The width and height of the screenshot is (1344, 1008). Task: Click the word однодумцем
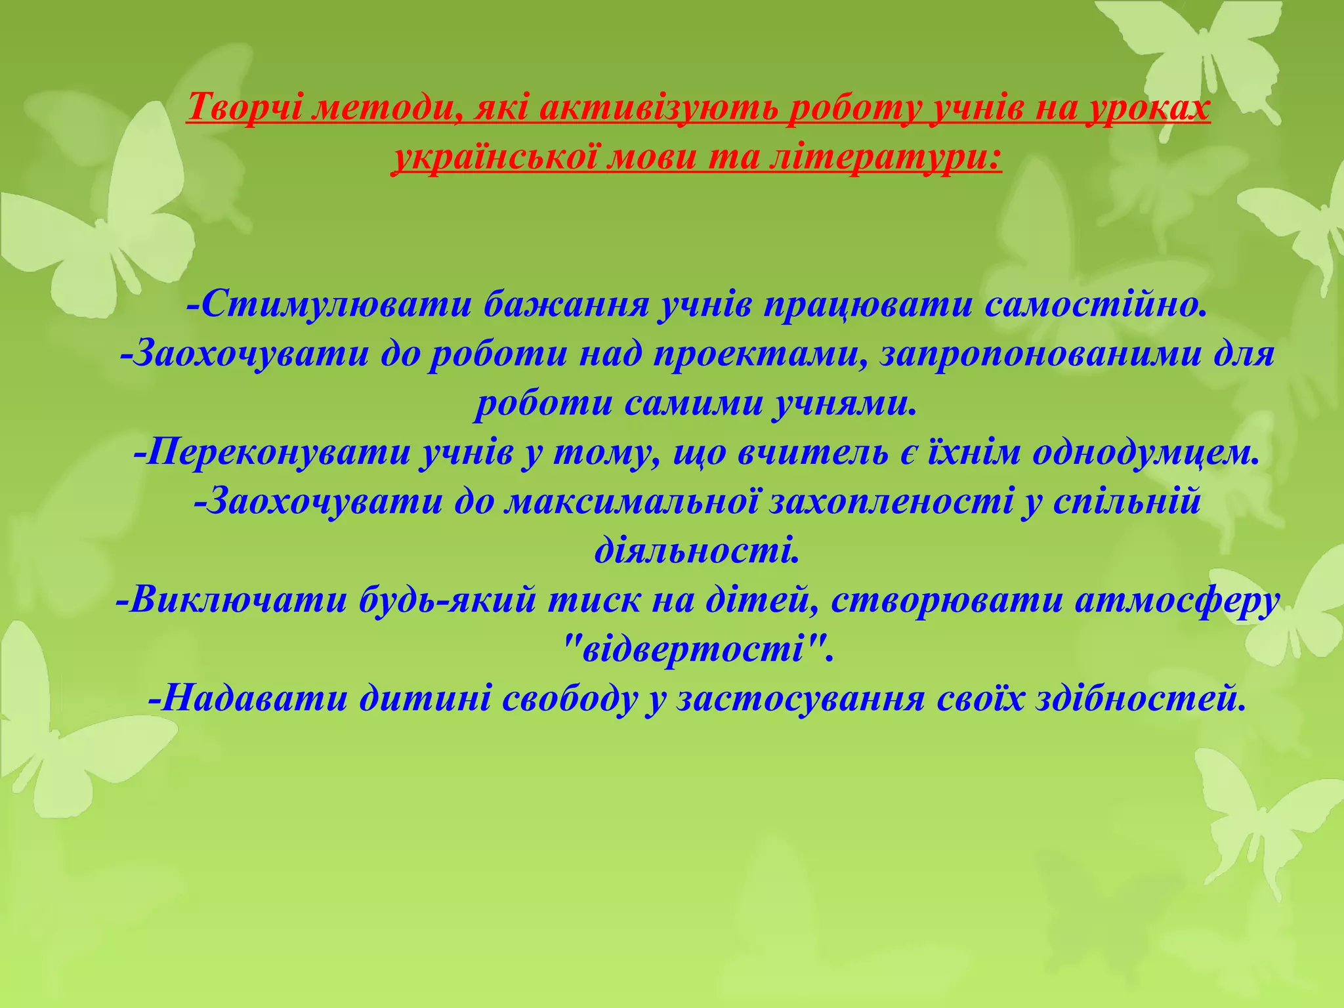1146,453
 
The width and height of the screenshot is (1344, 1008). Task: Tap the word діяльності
697,552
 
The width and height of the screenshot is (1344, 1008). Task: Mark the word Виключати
237,601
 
